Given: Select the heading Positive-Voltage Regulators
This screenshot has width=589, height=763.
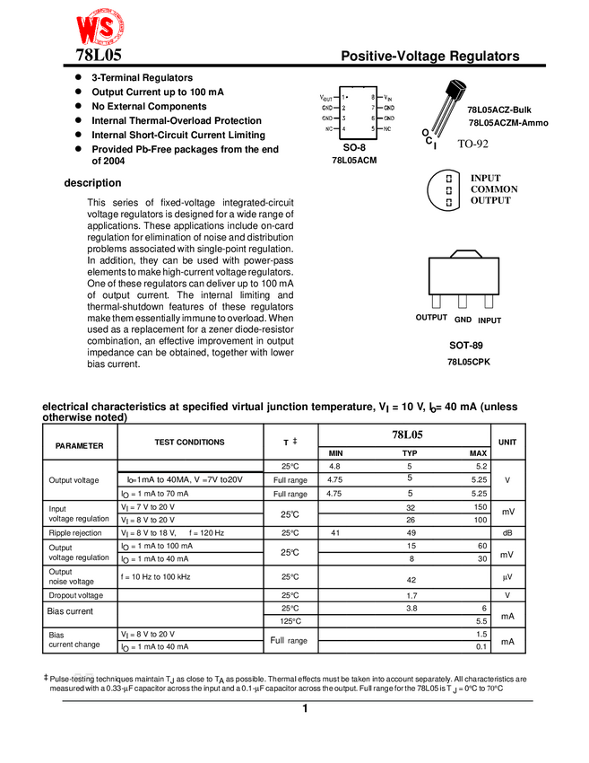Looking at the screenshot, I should point(430,56).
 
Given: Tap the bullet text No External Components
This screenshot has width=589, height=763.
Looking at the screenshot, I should point(149,106).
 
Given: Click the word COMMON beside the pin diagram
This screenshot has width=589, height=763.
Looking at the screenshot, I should point(494,189).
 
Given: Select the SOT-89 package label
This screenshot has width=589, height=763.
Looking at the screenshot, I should point(466,345).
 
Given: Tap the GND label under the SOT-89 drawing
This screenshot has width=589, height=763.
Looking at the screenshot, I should point(463,320).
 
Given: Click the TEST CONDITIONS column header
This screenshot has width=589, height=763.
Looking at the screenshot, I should point(189,442).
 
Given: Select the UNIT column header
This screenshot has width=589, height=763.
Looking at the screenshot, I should point(507,443).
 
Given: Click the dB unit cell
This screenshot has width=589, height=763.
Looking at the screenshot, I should point(507,533).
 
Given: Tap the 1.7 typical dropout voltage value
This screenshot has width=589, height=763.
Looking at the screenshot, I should point(411,595).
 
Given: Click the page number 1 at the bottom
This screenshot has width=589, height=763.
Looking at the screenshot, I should point(305,709).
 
